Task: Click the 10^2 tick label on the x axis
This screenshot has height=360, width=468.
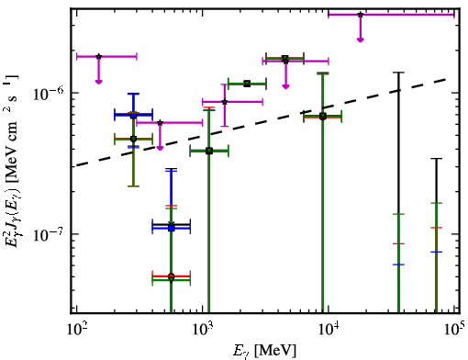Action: click(x=76, y=330)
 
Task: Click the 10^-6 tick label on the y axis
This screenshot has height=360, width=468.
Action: click(x=48, y=93)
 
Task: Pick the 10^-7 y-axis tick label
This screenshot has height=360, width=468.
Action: click(x=48, y=233)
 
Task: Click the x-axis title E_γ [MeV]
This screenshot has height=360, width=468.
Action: click(x=264, y=350)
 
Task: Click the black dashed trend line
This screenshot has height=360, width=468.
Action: click(x=262, y=122)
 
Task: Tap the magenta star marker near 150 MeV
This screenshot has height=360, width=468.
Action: click(x=98, y=56)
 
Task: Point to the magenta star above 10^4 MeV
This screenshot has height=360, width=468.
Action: click(x=361, y=15)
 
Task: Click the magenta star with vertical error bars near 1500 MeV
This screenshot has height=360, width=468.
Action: click(x=225, y=102)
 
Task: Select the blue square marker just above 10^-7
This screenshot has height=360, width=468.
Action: click(x=172, y=228)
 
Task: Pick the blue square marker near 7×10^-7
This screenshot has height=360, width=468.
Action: click(x=133, y=116)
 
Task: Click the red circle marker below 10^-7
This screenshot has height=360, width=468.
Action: click(x=172, y=276)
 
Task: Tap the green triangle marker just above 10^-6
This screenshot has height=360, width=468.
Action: click(x=247, y=84)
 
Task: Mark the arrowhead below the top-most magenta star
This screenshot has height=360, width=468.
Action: click(x=361, y=39)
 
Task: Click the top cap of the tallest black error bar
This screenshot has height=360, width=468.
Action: click(x=398, y=73)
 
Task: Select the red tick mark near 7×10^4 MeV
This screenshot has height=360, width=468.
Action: click(x=437, y=228)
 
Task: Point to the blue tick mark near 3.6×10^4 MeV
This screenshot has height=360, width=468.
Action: click(x=398, y=264)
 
